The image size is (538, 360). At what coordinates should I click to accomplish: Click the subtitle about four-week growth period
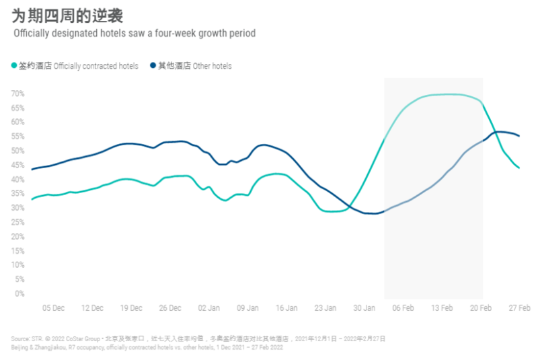134,33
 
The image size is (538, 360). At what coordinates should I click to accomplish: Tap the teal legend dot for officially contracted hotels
14,66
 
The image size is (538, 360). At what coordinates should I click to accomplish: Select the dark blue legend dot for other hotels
153,66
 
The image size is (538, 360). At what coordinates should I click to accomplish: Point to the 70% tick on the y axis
17,94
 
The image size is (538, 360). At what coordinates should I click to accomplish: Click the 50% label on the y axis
17,151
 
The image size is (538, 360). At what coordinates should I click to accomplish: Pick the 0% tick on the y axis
20,293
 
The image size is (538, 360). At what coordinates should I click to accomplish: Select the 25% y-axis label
17,222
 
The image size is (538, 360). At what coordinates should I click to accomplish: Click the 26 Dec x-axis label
170,308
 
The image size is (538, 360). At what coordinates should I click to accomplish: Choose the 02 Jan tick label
209,308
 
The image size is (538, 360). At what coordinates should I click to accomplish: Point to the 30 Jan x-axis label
364,308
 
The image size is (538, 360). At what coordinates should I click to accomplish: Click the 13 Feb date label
442,308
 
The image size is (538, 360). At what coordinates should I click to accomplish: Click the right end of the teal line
518,168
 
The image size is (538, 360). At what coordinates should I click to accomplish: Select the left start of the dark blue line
32,169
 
